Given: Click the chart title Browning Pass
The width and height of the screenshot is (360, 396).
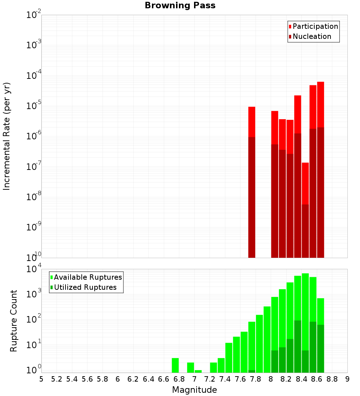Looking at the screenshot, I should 180,5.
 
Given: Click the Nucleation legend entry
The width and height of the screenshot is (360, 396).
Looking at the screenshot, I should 311,36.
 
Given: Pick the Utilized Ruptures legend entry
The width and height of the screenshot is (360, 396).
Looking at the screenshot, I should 85,287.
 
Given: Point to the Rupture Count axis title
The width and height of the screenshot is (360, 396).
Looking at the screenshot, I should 14,320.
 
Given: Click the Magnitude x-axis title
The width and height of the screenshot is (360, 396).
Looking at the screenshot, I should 194,390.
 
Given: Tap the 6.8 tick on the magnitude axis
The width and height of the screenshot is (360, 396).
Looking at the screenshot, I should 179,379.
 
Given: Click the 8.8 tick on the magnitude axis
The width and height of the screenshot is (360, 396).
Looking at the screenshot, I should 332,379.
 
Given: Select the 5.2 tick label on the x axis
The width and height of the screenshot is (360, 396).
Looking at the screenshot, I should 57,379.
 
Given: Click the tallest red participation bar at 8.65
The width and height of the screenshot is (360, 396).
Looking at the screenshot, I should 320,104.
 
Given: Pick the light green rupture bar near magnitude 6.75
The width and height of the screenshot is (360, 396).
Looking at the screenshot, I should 175,365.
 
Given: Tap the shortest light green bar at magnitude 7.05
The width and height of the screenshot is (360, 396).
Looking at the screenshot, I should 198,371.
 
